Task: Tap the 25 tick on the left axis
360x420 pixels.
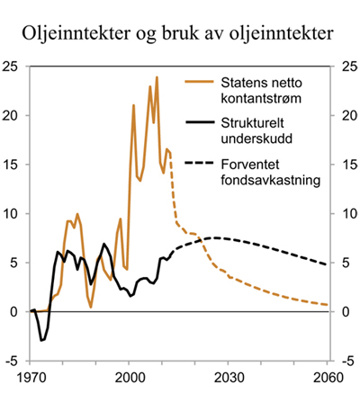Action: click(x=13, y=67)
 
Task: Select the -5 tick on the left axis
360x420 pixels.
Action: click(x=13, y=361)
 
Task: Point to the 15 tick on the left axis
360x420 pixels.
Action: click(x=13, y=165)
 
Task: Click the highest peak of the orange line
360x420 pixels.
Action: click(x=157, y=77)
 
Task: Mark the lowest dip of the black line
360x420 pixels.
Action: click(x=41, y=340)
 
